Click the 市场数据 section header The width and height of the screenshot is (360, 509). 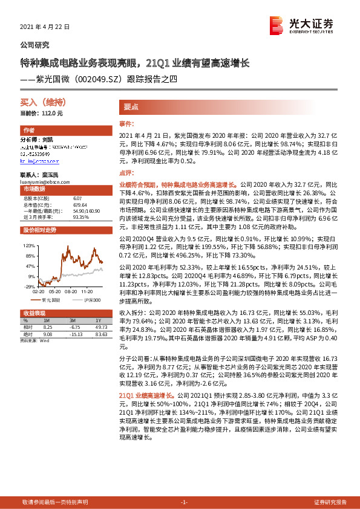click(34, 189)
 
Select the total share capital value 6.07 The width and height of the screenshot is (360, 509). click(77, 198)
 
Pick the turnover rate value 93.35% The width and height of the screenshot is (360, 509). click(80, 216)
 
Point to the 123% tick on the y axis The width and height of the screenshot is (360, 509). click(28, 247)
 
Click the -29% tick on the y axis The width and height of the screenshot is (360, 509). click(29, 287)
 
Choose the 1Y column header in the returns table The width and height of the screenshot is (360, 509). click(99, 320)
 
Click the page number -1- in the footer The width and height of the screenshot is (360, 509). click(185, 502)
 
